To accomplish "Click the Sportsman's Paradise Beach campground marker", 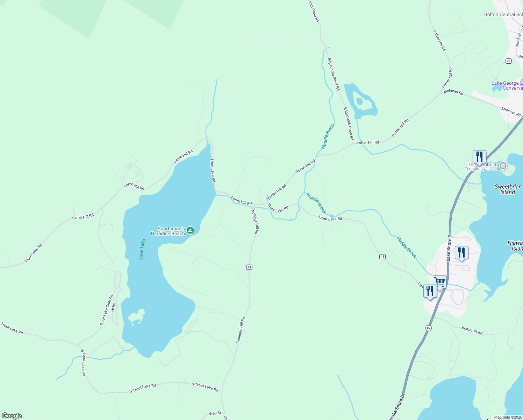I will click(190, 230).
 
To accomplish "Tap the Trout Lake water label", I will click(142, 249).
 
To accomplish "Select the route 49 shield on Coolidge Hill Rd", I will click(249, 267).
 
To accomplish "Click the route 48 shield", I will click(382, 257).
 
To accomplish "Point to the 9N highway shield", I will click(428, 328).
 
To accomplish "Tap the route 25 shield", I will click(508, 61).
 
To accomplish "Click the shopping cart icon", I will click(439, 281).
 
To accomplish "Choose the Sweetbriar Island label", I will click(508, 189).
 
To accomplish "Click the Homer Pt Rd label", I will click(472, 330).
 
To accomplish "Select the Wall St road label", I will click(215, 413).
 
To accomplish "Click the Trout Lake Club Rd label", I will click(107, 310).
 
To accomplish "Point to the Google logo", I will click(12, 416).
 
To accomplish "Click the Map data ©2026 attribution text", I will click(508, 417).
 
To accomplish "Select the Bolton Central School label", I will click(503, 15).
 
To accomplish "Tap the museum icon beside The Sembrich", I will click(503, 166).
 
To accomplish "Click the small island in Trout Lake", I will click(136, 317).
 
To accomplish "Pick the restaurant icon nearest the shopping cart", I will click(430, 291).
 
